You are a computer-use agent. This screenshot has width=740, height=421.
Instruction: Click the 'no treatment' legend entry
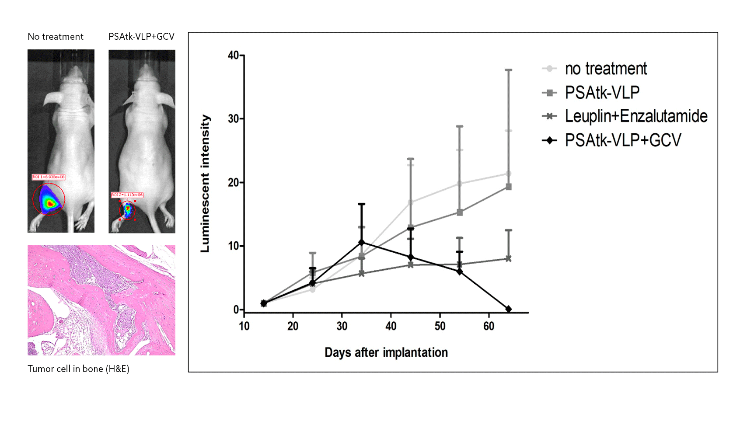(605, 69)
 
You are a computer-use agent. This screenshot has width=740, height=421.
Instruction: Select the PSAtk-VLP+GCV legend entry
(623, 140)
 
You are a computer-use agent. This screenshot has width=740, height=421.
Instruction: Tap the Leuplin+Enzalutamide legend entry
(636, 116)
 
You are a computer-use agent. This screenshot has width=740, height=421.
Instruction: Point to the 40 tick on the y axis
(233, 56)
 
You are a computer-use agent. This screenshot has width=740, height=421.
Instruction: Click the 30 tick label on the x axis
(342, 326)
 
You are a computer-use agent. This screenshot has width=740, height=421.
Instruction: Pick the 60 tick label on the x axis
(489, 326)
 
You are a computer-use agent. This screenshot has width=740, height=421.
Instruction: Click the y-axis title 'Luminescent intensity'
(205, 184)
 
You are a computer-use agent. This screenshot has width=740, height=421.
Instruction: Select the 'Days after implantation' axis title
(386, 352)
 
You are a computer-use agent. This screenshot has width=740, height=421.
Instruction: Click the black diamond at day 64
(509, 309)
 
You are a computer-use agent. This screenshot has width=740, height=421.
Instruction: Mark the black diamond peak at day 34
(362, 242)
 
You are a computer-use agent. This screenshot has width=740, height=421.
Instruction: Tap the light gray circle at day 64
(509, 174)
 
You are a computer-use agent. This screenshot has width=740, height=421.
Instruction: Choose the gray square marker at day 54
(460, 212)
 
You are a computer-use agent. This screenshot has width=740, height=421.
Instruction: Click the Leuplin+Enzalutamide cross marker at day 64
(509, 259)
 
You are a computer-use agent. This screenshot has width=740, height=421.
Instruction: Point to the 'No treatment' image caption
(56, 37)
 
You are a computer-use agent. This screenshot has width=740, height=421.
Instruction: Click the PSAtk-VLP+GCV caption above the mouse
(141, 37)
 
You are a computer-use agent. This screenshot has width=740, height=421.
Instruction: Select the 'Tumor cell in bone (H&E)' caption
(78, 369)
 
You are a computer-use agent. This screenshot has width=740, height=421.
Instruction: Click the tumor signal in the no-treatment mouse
(49, 201)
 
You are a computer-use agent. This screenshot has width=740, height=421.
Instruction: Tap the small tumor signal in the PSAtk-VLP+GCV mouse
(127, 210)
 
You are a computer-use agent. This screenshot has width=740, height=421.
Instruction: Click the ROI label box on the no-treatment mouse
(49, 177)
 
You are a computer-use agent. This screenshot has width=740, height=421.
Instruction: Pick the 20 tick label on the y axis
(233, 183)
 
